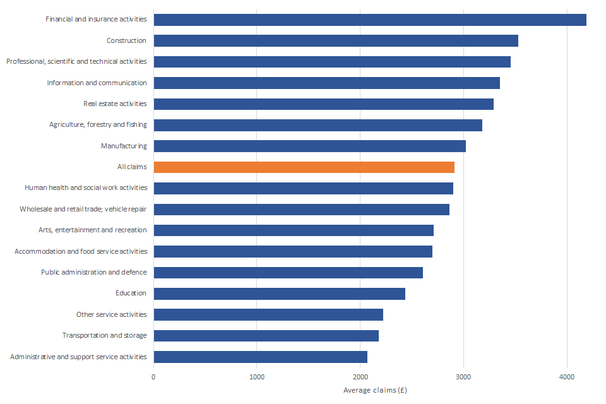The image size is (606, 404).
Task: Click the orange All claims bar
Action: pyautogui.click(x=304, y=167)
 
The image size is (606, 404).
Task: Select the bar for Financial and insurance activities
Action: pyautogui.click(x=370, y=20)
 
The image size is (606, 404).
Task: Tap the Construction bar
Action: pyautogui.click(x=336, y=40)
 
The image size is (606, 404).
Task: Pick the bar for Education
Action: pyautogui.click(x=279, y=294)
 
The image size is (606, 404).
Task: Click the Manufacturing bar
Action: pyautogui.click(x=309, y=146)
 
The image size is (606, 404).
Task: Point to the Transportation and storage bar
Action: pyautogui.click(x=266, y=335)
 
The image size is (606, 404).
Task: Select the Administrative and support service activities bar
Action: pyautogui.click(x=260, y=357)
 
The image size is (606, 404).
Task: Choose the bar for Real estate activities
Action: pyautogui.click(x=323, y=104)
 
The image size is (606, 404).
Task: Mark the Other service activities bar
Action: pyautogui.click(x=268, y=314)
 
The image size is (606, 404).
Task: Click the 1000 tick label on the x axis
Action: pyautogui.click(x=256, y=377)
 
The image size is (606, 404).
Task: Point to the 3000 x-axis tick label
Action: pyautogui.click(x=463, y=377)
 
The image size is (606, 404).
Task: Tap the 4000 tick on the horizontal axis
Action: pyautogui.click(x=567, y=377)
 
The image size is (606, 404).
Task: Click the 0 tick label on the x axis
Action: pyautogui.click(x=153, y=377)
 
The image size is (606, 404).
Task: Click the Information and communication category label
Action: pyautogui.click(x=97, y=83)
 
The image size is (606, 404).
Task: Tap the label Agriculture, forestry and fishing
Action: pyautogui.click(x=98, y=125)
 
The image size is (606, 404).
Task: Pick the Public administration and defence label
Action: pyautogui.click(x=94, y=272)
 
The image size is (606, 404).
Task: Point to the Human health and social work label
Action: pyautogui.click(x=86, y=188)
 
